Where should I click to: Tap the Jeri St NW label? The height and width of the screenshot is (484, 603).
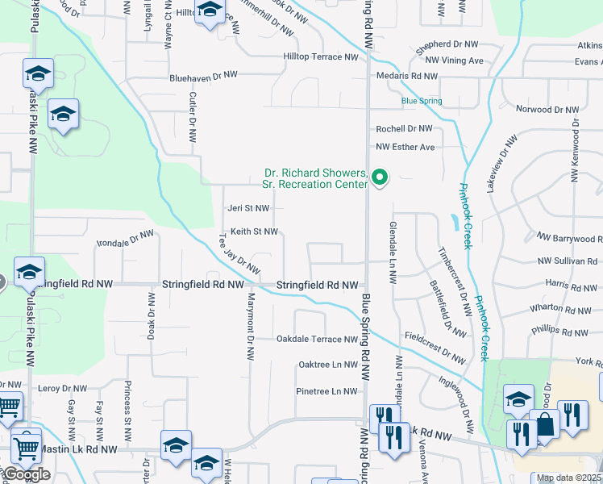[248, 208]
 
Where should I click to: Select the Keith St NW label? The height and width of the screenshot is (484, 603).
[254, 232]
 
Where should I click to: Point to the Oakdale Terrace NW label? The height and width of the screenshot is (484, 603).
[317, 339]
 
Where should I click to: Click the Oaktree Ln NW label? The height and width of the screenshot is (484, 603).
[327, 365]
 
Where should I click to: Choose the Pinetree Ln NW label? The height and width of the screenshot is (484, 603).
[326, 391]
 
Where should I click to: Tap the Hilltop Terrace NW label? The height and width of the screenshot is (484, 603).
[320, 57]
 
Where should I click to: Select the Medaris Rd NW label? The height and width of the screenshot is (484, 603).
[407, 76]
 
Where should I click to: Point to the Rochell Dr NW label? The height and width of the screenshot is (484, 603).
[404, 128]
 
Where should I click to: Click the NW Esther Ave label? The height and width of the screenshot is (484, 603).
[405, 147]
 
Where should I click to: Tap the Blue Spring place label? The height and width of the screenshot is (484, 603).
[422, 101]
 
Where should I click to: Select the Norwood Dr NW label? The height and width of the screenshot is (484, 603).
[547, 109]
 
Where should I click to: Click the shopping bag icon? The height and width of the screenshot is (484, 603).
[544, 423]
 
